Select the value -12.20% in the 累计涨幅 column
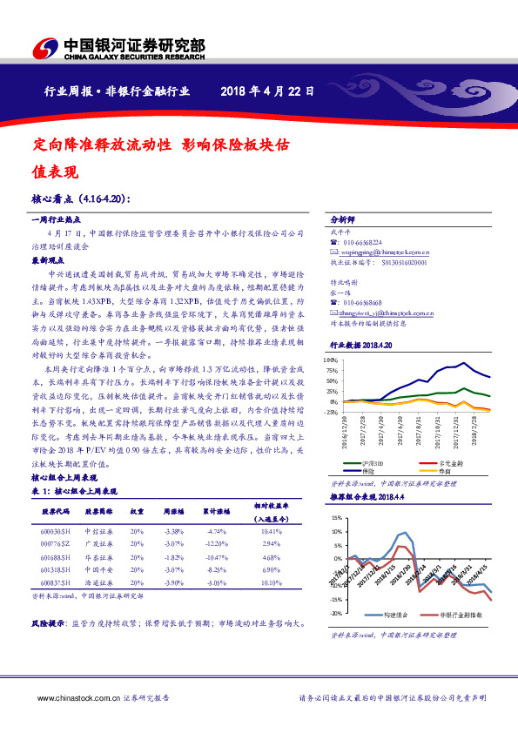tap(217, 542)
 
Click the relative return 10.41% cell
tap(272, 531)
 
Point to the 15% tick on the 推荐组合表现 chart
tap(336, 519)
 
